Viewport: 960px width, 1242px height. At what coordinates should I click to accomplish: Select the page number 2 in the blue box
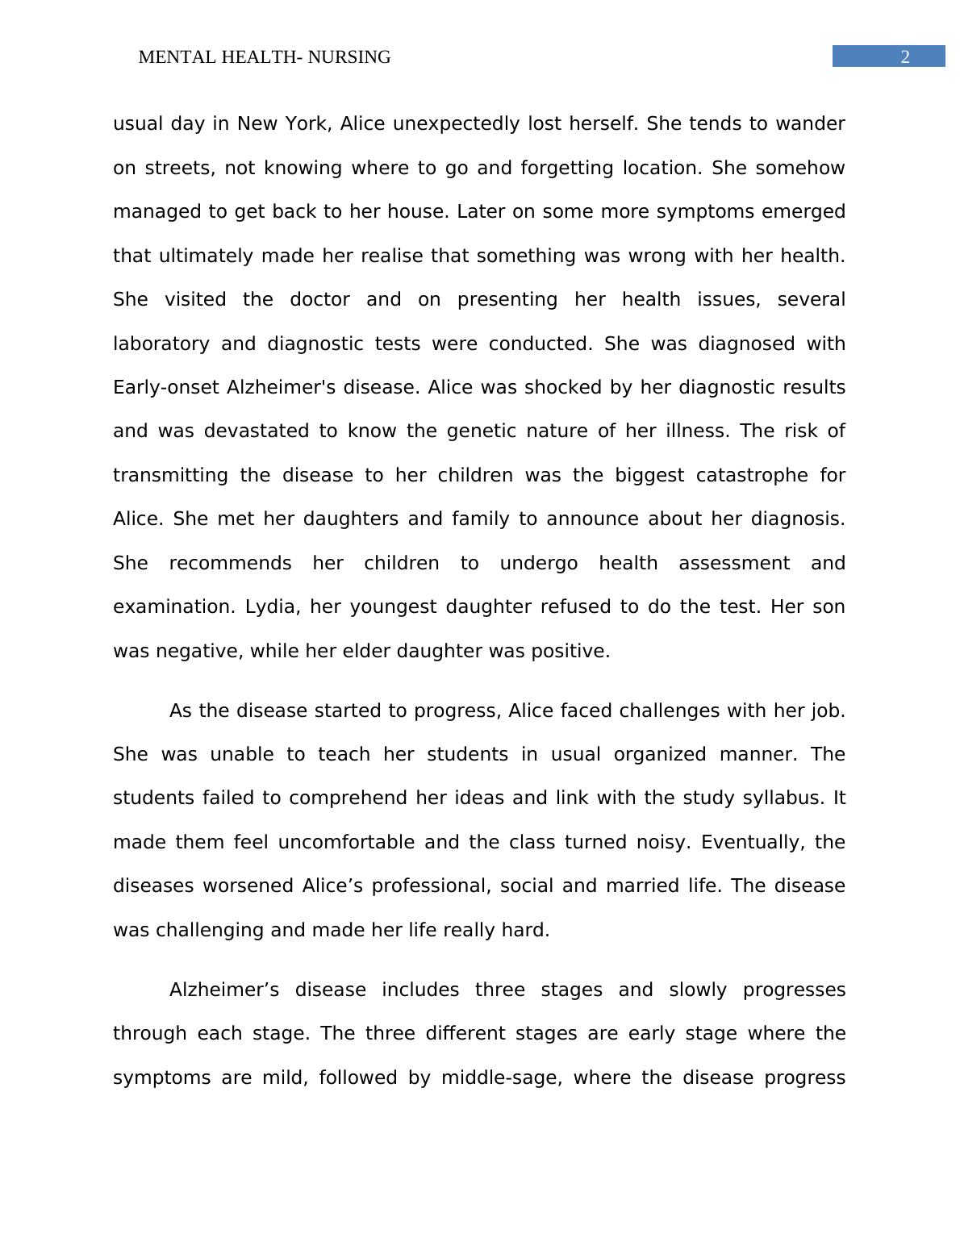pos(904,56)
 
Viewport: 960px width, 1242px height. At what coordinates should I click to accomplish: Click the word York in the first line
pos(306,123)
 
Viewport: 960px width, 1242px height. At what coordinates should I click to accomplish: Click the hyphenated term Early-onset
pos(166,387)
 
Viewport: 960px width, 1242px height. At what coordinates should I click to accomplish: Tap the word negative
pos(198,651)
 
